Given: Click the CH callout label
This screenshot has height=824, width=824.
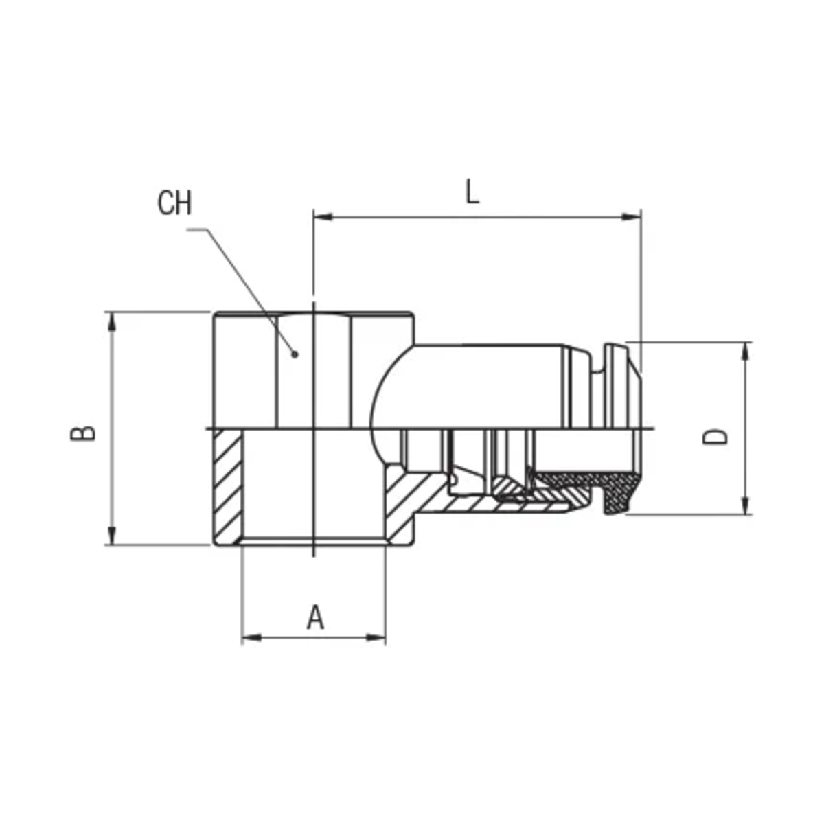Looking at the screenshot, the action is pos(174,203).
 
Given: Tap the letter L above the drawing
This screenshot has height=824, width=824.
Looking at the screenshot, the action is pos(472,192).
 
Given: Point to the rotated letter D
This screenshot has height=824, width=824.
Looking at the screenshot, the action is pos(715,437).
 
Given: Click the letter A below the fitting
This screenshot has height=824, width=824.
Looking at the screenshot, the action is pos(316,617).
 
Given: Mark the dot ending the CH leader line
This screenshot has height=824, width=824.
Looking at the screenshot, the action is pos(294,354).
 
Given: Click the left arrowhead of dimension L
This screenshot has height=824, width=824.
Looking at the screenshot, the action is pos(323,217).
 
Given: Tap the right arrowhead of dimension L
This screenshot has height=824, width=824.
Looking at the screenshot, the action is pos(631,217).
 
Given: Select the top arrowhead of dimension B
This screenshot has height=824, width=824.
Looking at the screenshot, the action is pos(112,322).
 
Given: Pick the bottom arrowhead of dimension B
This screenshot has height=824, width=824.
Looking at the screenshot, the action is pos(112,536).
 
